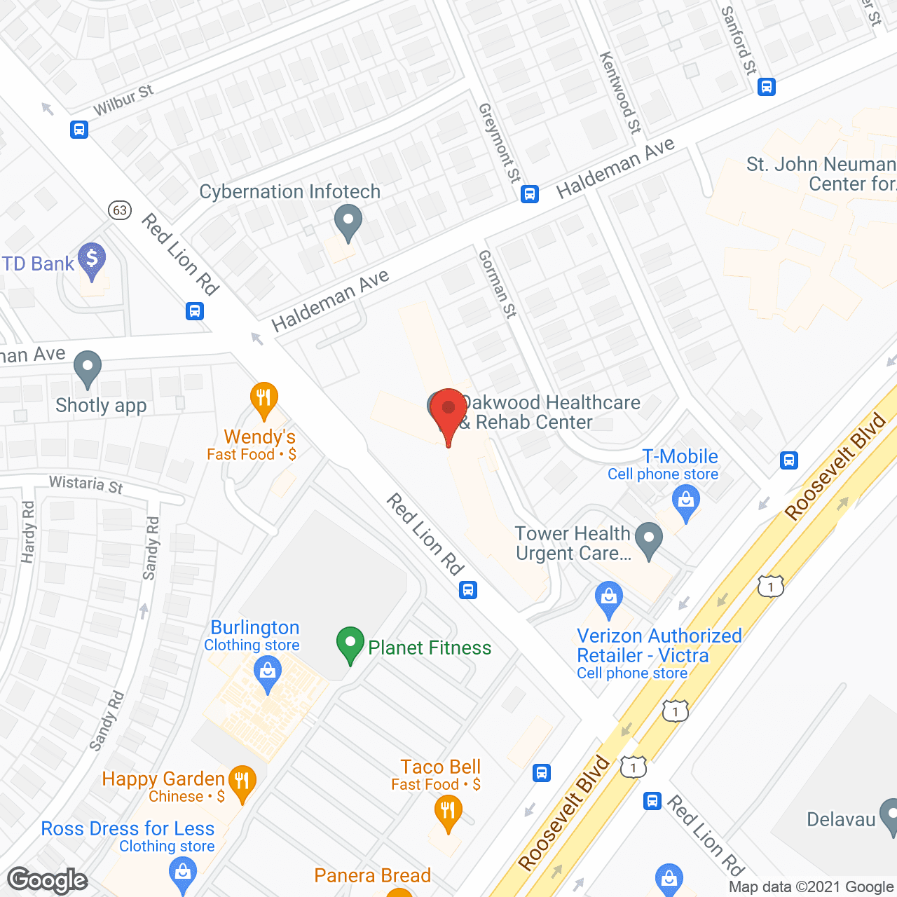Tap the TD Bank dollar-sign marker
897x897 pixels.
pyautogui.click(x=92, y=260)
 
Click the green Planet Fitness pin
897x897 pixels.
pyautogui.click(x=350, y=643)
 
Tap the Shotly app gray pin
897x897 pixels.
pyautogui.click(x=88, y=367)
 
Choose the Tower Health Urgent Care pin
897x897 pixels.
pyautogui.click(x=649, y=539)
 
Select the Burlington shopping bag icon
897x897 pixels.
pyautogui.click(x=268, y=674)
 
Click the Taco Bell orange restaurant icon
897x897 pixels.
pyautogui.click(x=448, y=812)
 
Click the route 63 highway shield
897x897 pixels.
pyautogui.click(x=121, y=210)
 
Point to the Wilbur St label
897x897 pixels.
pyautogui.click(x=123, y=100)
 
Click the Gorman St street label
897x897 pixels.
pyautogui.click(x=497, y=285)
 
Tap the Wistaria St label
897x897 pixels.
pyautogui.click(x=86, y=484)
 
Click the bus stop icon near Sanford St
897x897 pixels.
pyautogui.click(x=767, y=87)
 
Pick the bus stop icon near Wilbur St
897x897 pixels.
pyautogui.click(x=79, y=130)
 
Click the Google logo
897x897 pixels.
pyautogui.click(x=48, y=880)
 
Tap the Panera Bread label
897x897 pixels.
pyautogui.click(x=372, y=875)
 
